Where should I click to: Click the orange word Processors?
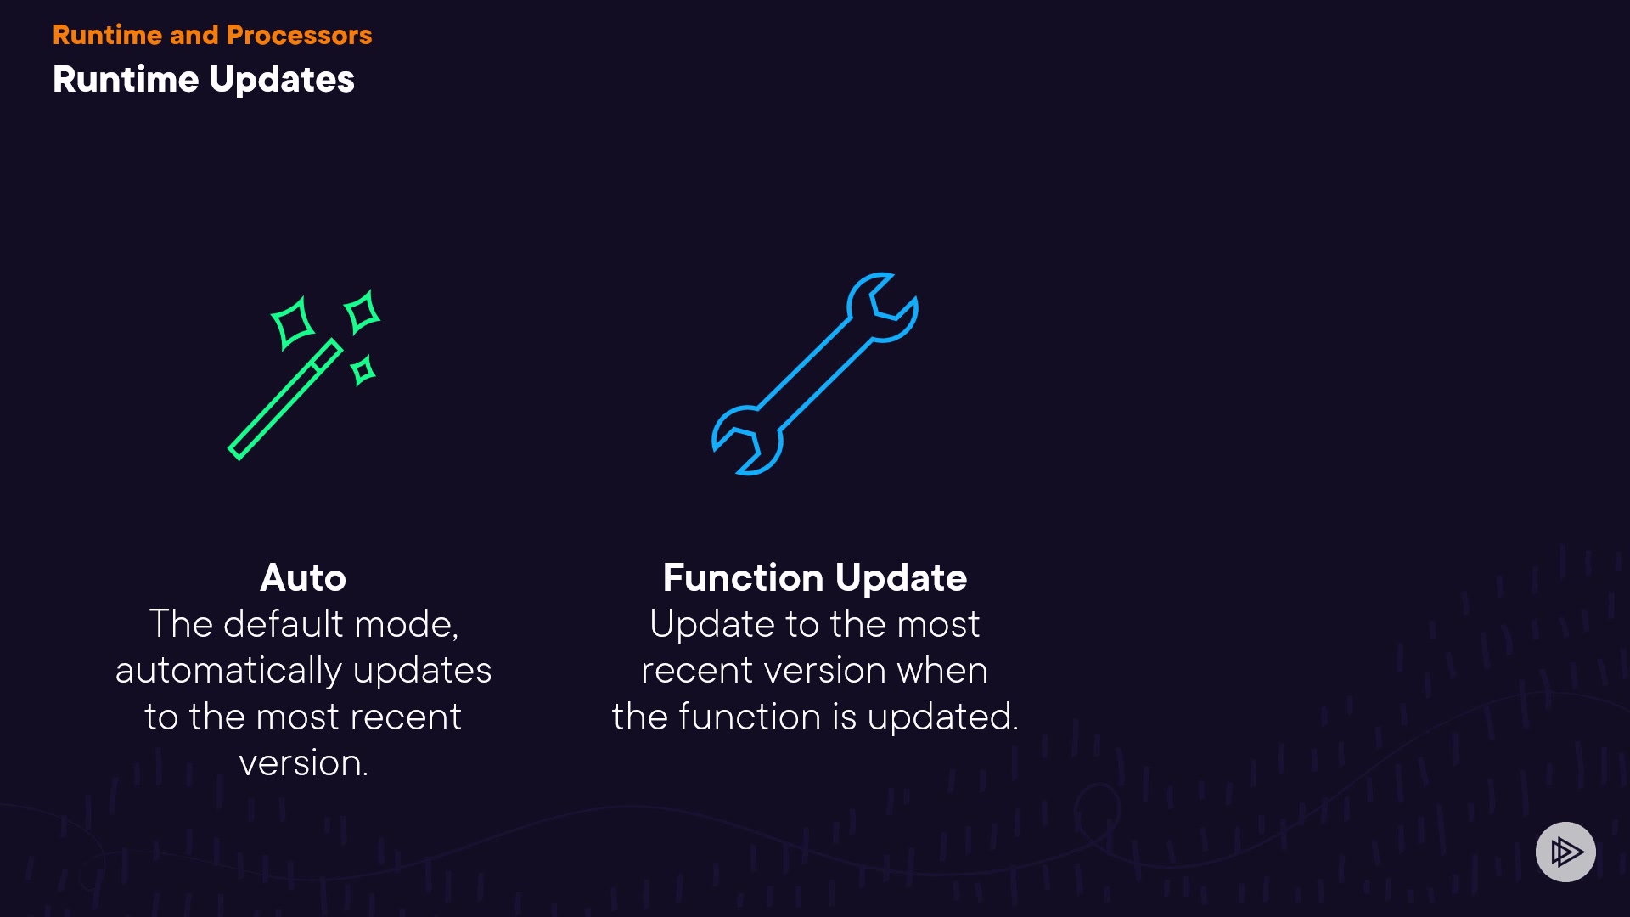tap(299, 35)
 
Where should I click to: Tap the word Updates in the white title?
tap(282, 80)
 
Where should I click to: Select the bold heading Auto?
tap(303, 577)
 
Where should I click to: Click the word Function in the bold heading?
tap(743, 577)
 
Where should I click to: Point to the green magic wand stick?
tap(285, 399)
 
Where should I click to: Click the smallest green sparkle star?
tap(363, 371)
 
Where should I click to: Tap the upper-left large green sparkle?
tap(292, 323)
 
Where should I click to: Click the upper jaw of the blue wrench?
tap(883, 307)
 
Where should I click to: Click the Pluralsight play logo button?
tap(1565, 852)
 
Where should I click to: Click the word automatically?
tap(228, 671)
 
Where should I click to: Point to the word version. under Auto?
tap(303, 762)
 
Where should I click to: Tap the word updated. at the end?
tap(942, 717)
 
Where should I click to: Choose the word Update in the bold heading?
tap(901, 579)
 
